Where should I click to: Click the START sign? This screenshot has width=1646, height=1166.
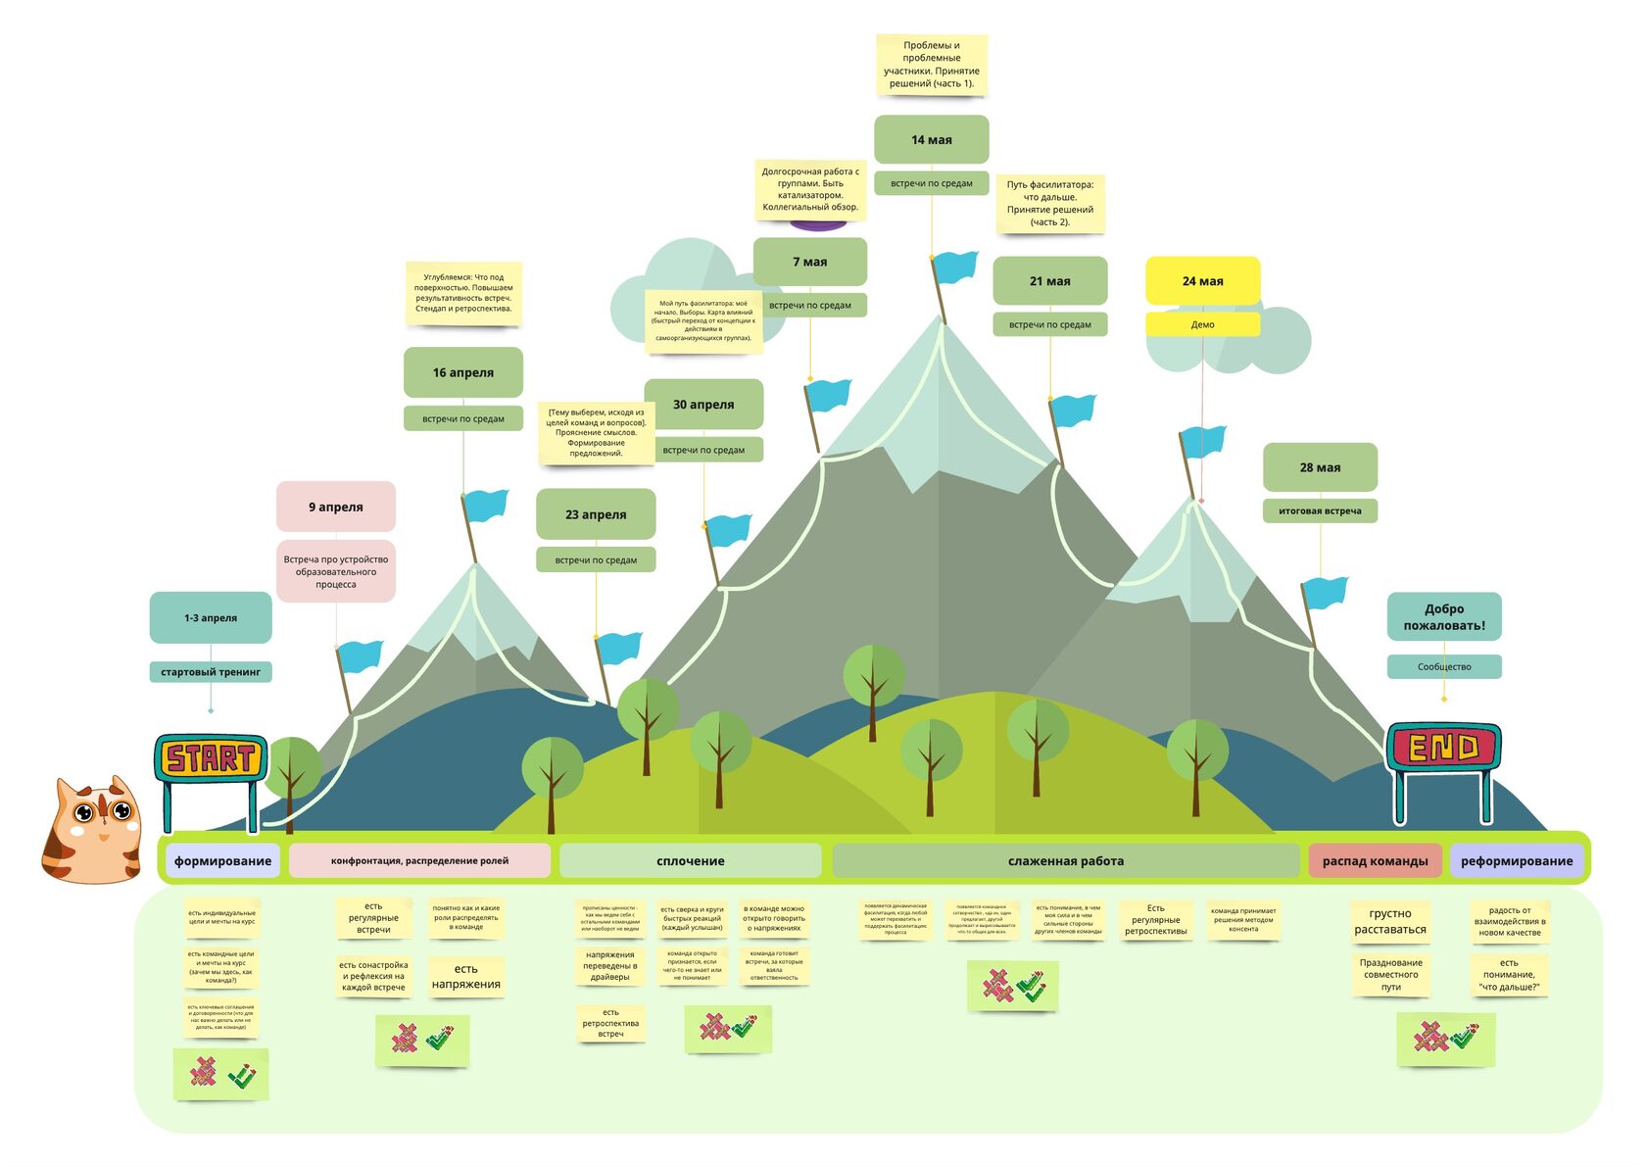[x=211, y=757]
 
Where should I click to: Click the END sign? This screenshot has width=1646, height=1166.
[x=1443, y=748]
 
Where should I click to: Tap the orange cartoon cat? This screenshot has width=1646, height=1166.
[x=92, y=829]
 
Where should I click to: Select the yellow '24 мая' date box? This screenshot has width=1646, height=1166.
[x=1202, y=281]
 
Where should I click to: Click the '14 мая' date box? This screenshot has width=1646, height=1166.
[x=931, y=139]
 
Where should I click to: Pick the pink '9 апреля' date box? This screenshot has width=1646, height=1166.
[x=336, y=507]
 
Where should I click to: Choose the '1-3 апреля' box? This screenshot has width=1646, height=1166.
[x=211, y=617]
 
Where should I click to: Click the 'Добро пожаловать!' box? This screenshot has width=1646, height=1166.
[x=1444, y=616]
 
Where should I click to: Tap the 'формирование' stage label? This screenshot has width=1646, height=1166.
[x=222, y=860]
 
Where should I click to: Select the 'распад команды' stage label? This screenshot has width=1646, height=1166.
[x=1375, y=860]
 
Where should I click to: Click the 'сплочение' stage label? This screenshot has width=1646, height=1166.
[x=690, y=860]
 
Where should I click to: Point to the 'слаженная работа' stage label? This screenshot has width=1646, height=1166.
[x=1065, y=860]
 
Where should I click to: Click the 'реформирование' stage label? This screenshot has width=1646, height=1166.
[x=1516, y=860]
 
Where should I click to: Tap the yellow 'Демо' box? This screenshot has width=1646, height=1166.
[x=1202, y=324]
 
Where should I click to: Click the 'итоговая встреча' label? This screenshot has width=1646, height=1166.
[x=1320, y=510]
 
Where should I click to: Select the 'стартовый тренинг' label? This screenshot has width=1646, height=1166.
[x=211, y=672]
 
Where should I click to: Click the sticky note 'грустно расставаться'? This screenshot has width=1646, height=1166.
[x=1390, y=921]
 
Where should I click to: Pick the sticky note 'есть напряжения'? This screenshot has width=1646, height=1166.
[x=466, y=976]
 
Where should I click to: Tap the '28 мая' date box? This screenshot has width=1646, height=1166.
[x=1320, y=467]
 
